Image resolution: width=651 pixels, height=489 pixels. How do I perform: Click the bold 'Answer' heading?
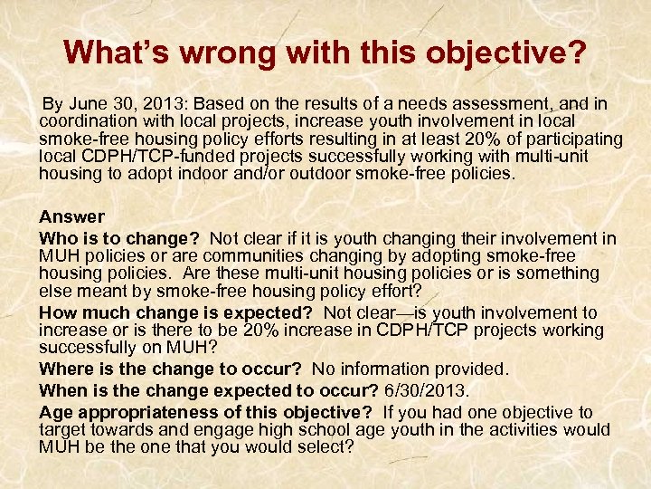(x=71, y=217)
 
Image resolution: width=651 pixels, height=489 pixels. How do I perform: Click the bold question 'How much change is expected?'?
(x=177, y=312)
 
